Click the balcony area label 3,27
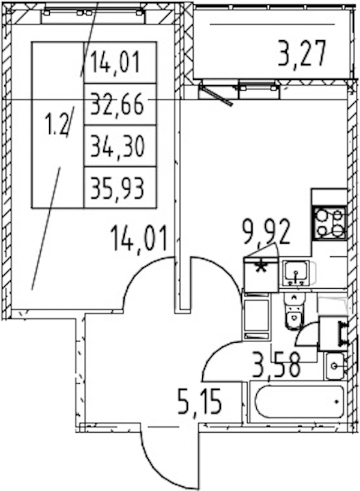click(x=302, y=54)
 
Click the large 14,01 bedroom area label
click(x=139, y=239)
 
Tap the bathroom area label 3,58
click(x=277, y=365)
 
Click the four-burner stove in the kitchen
click(x=329, y=223)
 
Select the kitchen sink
click(x=296, y=273)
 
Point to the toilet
click(x=294, y=312)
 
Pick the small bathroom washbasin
click(x=335, y=366)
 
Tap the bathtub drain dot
click(x=337, y=402)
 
